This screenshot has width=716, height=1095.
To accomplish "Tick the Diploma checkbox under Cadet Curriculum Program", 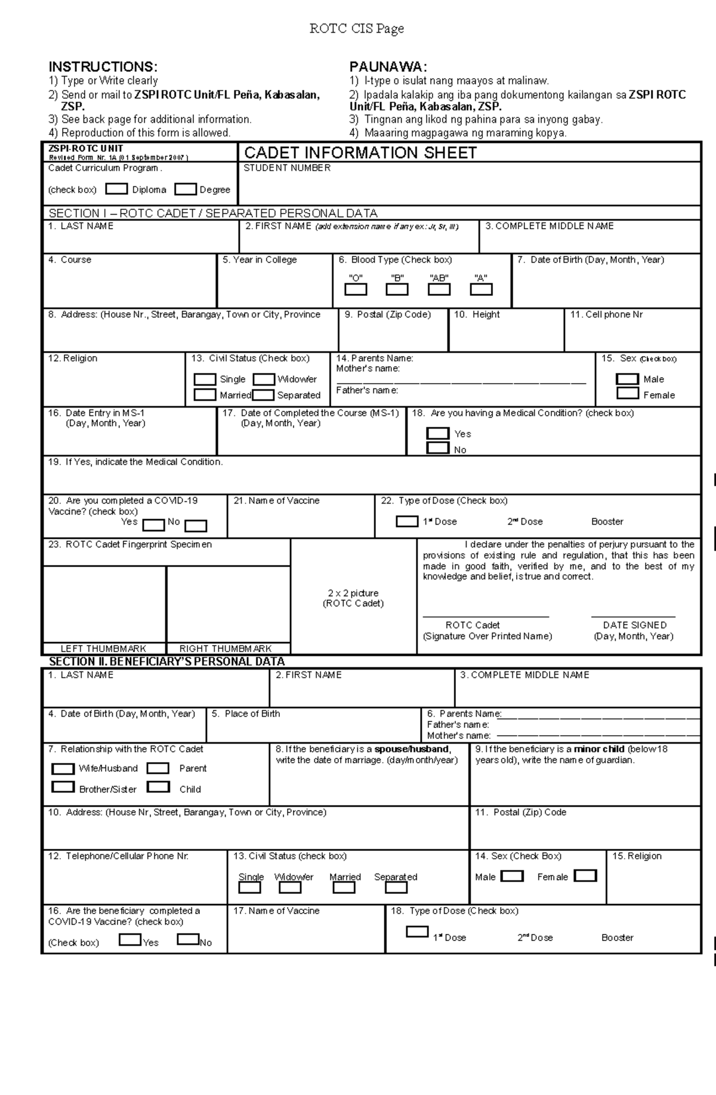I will pyautogui.click(x=116, y=189).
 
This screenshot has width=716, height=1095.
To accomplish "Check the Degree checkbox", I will pyautogui.click(x=186, y=189).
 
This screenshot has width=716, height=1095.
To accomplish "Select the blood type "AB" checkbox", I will pyautogui.click(x=439, y=289).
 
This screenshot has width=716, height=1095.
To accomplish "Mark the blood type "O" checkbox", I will pyautogui.click(x=356, y=289).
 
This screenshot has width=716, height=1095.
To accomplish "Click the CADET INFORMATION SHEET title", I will pyautogui.click(x=360, y=153).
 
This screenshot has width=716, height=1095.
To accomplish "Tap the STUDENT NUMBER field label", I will pyautogui.click(x=286, y=168).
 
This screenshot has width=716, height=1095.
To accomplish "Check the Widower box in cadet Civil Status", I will pyautogui.click(x=264, y=380).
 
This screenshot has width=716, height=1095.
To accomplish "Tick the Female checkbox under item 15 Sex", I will pyautogui.click(x=627, y=393).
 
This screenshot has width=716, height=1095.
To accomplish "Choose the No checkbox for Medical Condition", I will pyautogui.click(x=438, y=448).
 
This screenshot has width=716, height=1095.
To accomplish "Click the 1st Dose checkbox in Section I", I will pyautogui.click(x=407, y=521).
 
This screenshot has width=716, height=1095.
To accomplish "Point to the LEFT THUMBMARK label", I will pyautogui.click(x=103, y=649).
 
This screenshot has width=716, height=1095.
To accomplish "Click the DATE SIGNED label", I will pyautogui.click(x=634, y=625).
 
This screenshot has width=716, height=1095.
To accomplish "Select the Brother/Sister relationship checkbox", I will pyautogui.click(x=63, y=787).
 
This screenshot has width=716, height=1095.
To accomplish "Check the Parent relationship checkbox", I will pyautogui.click(x=158, y=768).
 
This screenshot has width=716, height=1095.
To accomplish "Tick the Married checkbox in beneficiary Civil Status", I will pyautogui.click(x=344, y=887).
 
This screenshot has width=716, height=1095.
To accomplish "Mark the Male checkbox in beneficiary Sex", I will pyautogui.click(x=512, y=876).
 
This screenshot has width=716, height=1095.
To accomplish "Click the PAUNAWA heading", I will pyautogui.click(x=388, y=67).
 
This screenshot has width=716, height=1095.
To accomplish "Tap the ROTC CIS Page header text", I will pyautogui.click(x=357, y=29).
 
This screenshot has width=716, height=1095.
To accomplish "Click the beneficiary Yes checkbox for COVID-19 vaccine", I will pyautogui.click(x=130, y=940).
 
